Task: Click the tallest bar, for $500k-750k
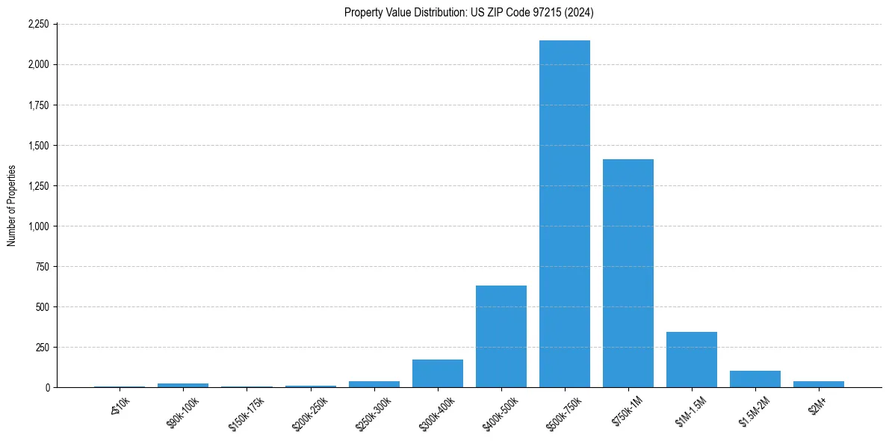[x=565, y=214]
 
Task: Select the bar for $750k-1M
[x=628, y=273]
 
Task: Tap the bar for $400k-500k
[x=501, y=336]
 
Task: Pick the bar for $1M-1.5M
[x=692, y=360]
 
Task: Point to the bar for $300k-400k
[x=438, y=374]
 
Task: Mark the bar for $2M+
[x=819, y=384]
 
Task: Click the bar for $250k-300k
[x=374, y=384]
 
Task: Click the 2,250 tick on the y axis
[x=38, y=25]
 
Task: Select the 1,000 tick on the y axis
[x=38, y=226]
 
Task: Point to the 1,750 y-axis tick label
[x=38, y=105]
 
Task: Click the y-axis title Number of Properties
[x=11, y=206]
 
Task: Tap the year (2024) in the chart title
[x=580, y=12]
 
